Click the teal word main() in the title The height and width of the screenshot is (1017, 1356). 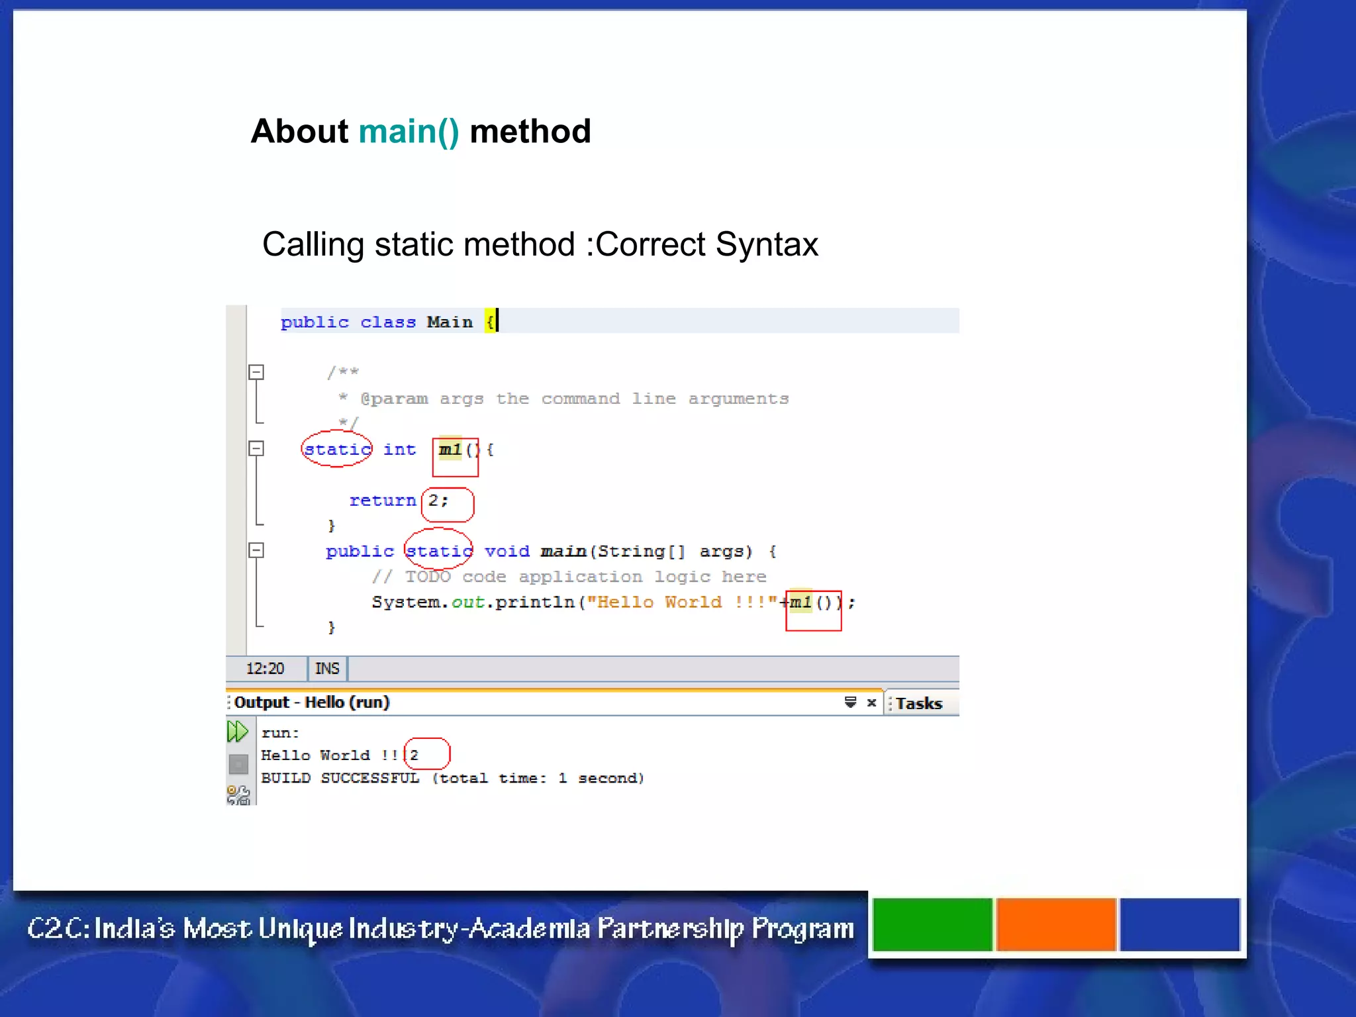pyautogui.click(x=409, y=132)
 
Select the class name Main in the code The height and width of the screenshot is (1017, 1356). pyautogui.click(x=450, y=322)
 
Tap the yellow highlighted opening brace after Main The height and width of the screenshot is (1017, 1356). pyautogui.click(x=490, y=322)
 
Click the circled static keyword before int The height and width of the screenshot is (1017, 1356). pyautogui.click(x=337, y=450)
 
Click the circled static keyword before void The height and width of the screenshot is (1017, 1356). pyautogui.click(x=439, y=551)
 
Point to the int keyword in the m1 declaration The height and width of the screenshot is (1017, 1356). pyautogui.click(x=399, y=450)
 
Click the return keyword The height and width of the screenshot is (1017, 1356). pyautogui.click(x=382, y=501)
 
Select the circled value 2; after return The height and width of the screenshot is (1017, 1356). pyautogui.click(x=438, y=501)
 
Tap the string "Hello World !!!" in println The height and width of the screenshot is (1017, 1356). pyautogui.click(x=681, y=603)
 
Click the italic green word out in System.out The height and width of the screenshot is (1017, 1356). pyautogui.click(x=467, y=603)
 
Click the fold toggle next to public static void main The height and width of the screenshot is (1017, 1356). pyautogui.click(x=256, y=551)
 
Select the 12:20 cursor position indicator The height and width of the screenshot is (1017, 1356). pyautogui.click(x=265, y=669)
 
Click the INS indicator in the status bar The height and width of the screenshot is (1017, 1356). pyautogui.click(x=327, y=669)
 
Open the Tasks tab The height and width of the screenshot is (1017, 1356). pyautogui.click(x=919, y=703)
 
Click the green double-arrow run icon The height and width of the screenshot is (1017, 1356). pyautogui.click(x=237, y=732)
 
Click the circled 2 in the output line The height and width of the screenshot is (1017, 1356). pyautogui.click(x=414, y=755)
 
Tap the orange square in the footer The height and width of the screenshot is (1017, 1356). pyautogui.click(x=1056, y=924)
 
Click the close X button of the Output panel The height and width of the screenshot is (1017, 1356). pyautogui.click(x=871, y=702)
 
